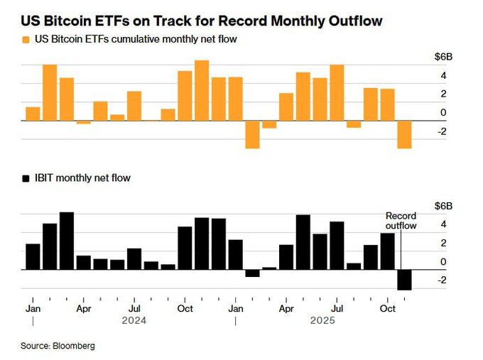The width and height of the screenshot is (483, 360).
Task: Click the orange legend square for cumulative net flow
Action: [x=26, y=40]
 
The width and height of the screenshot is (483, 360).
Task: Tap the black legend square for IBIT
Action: [x=26, y=178]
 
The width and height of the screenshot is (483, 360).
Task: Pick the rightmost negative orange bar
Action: [x=404, y=134]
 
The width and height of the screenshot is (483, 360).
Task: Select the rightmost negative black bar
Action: [x=404, y=280]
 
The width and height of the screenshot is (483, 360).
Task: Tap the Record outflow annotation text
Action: [x=401, y=220]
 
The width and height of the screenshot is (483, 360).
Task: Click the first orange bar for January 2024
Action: [x=33, y=114]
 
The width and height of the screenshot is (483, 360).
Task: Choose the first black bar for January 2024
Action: [x=33, y=256]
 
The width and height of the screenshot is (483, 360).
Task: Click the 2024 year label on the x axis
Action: [x=134, y=320]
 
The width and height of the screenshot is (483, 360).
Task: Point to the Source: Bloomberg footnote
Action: [x=57, y=346]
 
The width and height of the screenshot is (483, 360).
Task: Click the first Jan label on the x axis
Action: [x=32, y=310]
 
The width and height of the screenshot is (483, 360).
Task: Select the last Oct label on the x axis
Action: [x=388, y=310]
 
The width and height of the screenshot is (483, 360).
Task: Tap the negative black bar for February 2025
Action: [x=252, y=273]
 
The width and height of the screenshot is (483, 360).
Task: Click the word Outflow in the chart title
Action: [x=352, y=21]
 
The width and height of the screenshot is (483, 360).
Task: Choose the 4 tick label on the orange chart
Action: [x=443, y=75]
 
